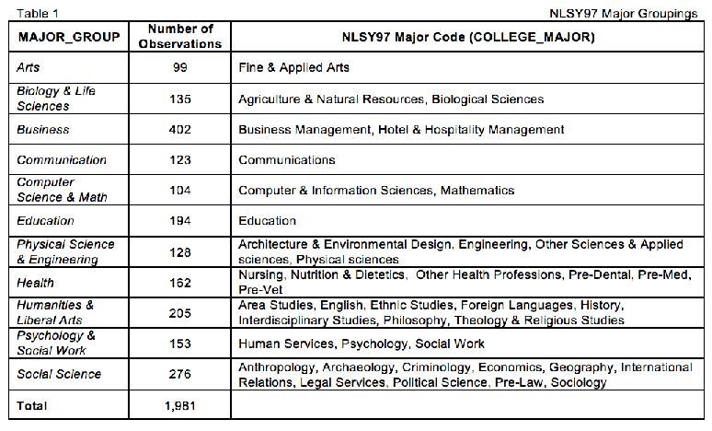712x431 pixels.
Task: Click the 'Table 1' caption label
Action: click(38, 13)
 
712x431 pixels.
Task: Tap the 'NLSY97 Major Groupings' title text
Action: click(624, 14)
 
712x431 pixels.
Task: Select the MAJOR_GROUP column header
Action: click(69, 37)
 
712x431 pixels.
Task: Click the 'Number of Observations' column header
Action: click(180, 36)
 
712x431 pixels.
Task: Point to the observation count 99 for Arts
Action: click(180, 68)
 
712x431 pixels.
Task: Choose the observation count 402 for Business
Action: click(180, 130)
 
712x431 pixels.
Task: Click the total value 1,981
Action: click(180, 405)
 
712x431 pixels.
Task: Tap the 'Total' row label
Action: click(32, 405)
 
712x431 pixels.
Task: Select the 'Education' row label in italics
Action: click(45, 221)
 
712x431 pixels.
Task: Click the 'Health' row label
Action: click(35, 284)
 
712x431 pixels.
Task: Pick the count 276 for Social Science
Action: click(180, 374)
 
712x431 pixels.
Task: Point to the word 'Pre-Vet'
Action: click(260, 289)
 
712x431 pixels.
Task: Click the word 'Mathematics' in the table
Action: click(477, 191)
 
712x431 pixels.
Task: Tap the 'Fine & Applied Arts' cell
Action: click(293, 68)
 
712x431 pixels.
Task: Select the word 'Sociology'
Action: click(579, 383)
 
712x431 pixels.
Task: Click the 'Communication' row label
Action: click(62, 160)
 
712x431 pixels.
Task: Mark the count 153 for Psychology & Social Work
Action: click(180, 344)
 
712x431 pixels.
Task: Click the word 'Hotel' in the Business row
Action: click(393, 130)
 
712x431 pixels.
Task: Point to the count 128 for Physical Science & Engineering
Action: click(180, 252)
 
